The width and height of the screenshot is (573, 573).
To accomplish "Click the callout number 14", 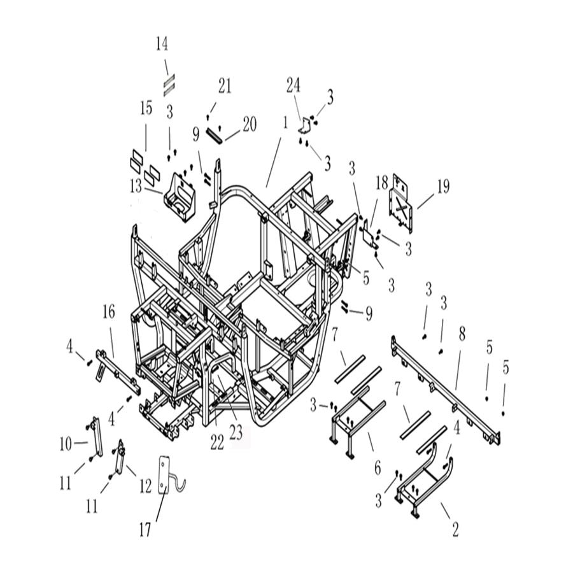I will tap(162, 44).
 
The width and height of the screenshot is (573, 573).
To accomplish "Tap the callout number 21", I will tap(225, 86).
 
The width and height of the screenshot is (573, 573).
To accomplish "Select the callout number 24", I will tap(293, 85).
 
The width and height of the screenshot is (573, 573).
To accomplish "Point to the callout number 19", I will tap(442, 187).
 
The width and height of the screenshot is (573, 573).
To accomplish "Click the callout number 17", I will tap(146, 528).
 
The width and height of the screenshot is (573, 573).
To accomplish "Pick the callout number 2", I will tap(455, 528).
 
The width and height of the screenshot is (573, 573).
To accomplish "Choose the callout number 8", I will tap(462, 333).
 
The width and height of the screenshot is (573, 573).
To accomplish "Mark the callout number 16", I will tap(108, 312).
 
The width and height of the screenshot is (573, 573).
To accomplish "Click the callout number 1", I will tap(285, 121).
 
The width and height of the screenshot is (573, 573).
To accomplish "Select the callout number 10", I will tap(66, 444).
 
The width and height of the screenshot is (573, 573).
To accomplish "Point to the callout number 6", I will tap(378, 468).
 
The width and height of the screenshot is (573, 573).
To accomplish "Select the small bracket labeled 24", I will tap(305, 122).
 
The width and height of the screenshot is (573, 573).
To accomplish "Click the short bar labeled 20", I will tap(216, 134).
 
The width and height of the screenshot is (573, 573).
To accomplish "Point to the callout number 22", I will tap(217, 443).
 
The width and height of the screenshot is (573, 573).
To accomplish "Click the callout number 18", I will tap(381, 185).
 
